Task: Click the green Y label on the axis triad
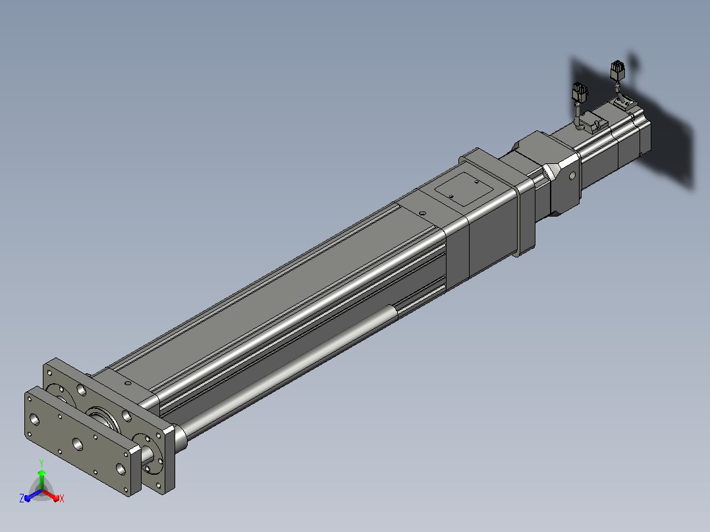coord(41,463)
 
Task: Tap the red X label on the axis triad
coord(62,498)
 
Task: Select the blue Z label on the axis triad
coord(22,498)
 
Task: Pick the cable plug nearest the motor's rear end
coord(617,70)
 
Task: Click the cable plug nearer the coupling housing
coord(580,93)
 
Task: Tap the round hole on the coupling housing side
coord(572,175)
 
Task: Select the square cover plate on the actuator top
coord(463,188)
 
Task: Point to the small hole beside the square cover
coord(422,213)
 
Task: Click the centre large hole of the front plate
coord(78,444)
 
